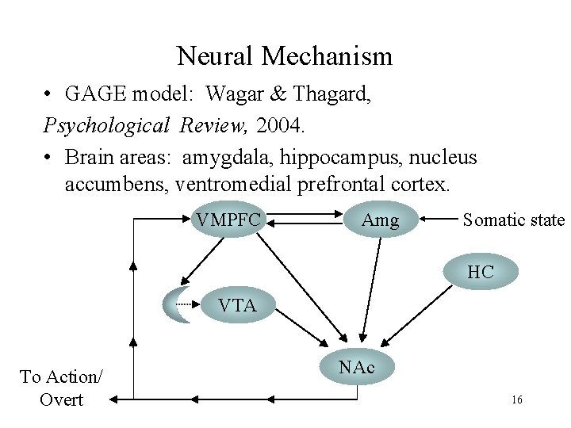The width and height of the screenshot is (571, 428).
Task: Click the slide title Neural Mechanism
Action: click(284, 56)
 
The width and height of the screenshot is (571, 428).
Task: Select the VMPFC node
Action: click(228, 220)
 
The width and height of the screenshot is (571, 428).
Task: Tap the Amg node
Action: click(380, 220)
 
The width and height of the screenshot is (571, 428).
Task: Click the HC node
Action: click(480, 272)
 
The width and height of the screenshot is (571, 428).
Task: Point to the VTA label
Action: click(236, 305)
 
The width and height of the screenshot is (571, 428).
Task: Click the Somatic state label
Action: click(513, 220)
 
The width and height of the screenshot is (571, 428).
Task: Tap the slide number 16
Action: click(516, 400)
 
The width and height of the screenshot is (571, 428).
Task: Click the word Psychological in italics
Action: click(107, 125)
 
